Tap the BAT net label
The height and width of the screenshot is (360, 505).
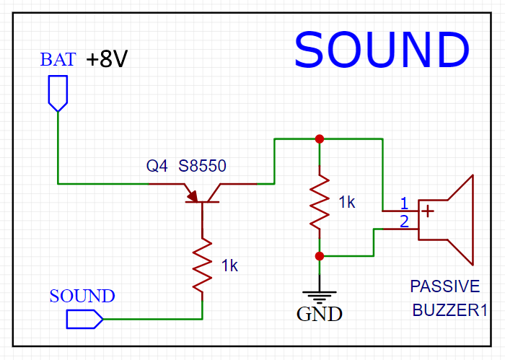[x=58, y=60]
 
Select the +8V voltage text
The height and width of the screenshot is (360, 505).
[x=107, y=60]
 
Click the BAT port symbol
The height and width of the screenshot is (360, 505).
[x=57, y=93]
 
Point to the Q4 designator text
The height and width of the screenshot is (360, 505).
[x=157, y=167]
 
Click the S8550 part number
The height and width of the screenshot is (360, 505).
[x=202, y=167]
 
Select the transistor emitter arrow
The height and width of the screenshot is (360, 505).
[x=192, y=195]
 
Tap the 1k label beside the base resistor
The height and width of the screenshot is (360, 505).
[x=229, y=266]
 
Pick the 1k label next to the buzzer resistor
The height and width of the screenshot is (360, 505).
[x=347, y=203]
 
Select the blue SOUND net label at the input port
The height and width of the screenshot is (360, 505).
[x=82, y=297]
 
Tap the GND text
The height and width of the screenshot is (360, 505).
[x=320, y=315]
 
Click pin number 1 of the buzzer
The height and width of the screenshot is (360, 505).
[x=405, y=202]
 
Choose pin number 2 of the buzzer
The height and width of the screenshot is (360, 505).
[x=405, y=221]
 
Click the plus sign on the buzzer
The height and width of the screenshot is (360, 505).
[x=429, y=211]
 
